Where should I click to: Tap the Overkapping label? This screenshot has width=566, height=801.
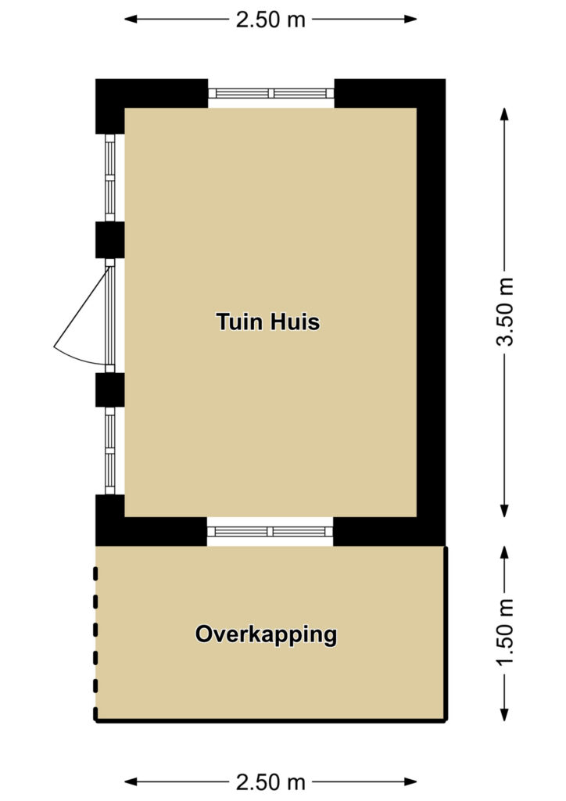coord(266,635)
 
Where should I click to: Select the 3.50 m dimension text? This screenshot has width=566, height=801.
coord(504,311)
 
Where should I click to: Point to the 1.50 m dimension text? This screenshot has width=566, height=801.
coord(504,632)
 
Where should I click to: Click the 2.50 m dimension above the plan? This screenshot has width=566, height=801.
coord(270,20)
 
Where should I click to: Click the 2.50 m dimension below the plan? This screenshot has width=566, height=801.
coord(270,782)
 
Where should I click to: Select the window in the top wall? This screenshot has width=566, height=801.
coord(271,93)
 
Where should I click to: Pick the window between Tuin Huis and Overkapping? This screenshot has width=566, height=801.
coord(270,531)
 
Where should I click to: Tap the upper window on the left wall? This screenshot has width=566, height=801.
coord(109,178)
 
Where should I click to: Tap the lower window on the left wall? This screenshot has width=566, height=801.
coord(109,451)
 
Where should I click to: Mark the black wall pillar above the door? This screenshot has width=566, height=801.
coord(109,239)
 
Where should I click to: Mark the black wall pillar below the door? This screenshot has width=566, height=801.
coord(109,390)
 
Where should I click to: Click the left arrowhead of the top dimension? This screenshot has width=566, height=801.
coord(131,20)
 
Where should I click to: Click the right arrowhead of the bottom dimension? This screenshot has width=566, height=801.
coord(410,782)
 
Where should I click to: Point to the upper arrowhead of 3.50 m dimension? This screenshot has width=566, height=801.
coord(504,114)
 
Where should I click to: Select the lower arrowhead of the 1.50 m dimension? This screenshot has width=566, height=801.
coord(504,714)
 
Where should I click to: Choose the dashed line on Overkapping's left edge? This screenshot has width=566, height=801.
coord(95,644)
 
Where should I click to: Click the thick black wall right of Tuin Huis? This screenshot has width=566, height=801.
coord(432,313)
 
